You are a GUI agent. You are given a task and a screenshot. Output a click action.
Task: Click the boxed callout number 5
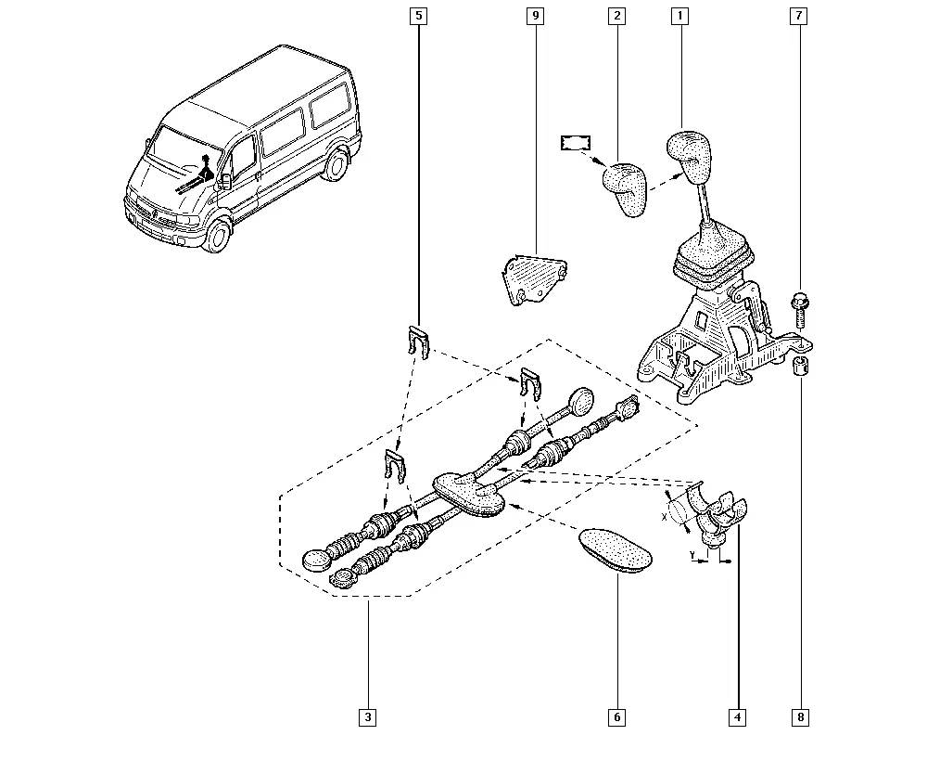(419, 16)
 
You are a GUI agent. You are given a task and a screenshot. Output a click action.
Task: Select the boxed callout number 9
(535, 16)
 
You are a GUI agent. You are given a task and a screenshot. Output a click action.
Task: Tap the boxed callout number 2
(616, 16)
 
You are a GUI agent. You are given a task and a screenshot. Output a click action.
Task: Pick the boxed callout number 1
(679, 16)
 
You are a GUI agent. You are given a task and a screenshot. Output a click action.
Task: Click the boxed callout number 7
(799, 16)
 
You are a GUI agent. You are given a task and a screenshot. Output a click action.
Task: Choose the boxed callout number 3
(368, 717)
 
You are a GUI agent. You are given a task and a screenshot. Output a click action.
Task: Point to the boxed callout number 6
(616, 717)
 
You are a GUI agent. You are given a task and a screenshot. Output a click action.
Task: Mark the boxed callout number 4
(737, 717)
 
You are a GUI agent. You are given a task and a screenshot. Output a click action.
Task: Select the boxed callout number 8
(801, 717)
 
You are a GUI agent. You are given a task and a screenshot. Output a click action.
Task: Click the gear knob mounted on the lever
(689, 156)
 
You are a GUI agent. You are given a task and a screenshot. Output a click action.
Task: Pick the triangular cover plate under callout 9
(535, 278)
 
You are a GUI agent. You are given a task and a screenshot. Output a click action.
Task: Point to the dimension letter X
(664, 517)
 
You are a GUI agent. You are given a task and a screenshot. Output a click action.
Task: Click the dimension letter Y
(692, 554)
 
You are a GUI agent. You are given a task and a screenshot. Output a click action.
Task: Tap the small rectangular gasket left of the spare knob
(576, 143)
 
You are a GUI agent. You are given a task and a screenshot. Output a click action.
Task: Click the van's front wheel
(217, 237)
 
